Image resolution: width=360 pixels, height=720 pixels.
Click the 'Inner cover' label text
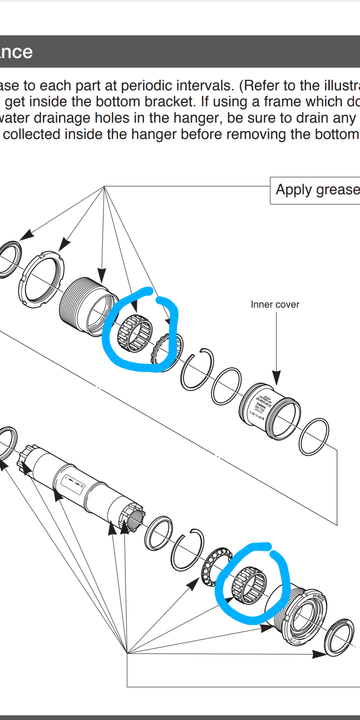[275, 305]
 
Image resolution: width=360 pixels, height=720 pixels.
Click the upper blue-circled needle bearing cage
[135, 334]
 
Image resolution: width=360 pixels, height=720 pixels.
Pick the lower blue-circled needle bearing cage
[249, 585]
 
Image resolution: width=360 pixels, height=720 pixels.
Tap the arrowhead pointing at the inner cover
[276, 378]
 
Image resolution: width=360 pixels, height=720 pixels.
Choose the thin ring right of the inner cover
[314, 437]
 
